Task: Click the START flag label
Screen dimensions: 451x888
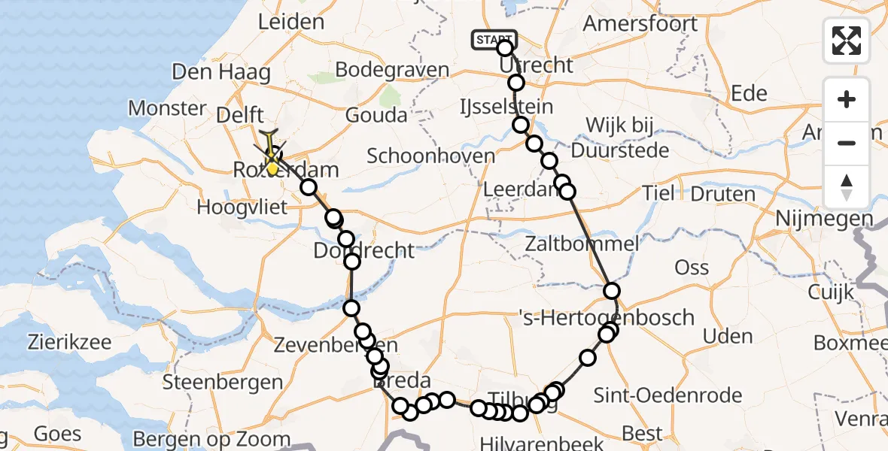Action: click(494, 39)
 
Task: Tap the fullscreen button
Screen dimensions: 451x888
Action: click(847, 41)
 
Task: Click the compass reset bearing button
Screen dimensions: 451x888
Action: click(847, 187)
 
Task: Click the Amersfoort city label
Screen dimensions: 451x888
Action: click(640, 23)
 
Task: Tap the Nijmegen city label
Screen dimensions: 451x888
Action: click(825, 219)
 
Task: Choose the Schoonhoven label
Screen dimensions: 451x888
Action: click(431, 156)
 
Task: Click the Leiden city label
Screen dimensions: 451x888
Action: click(290, 22)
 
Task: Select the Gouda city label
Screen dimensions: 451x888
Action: click(376, 115)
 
